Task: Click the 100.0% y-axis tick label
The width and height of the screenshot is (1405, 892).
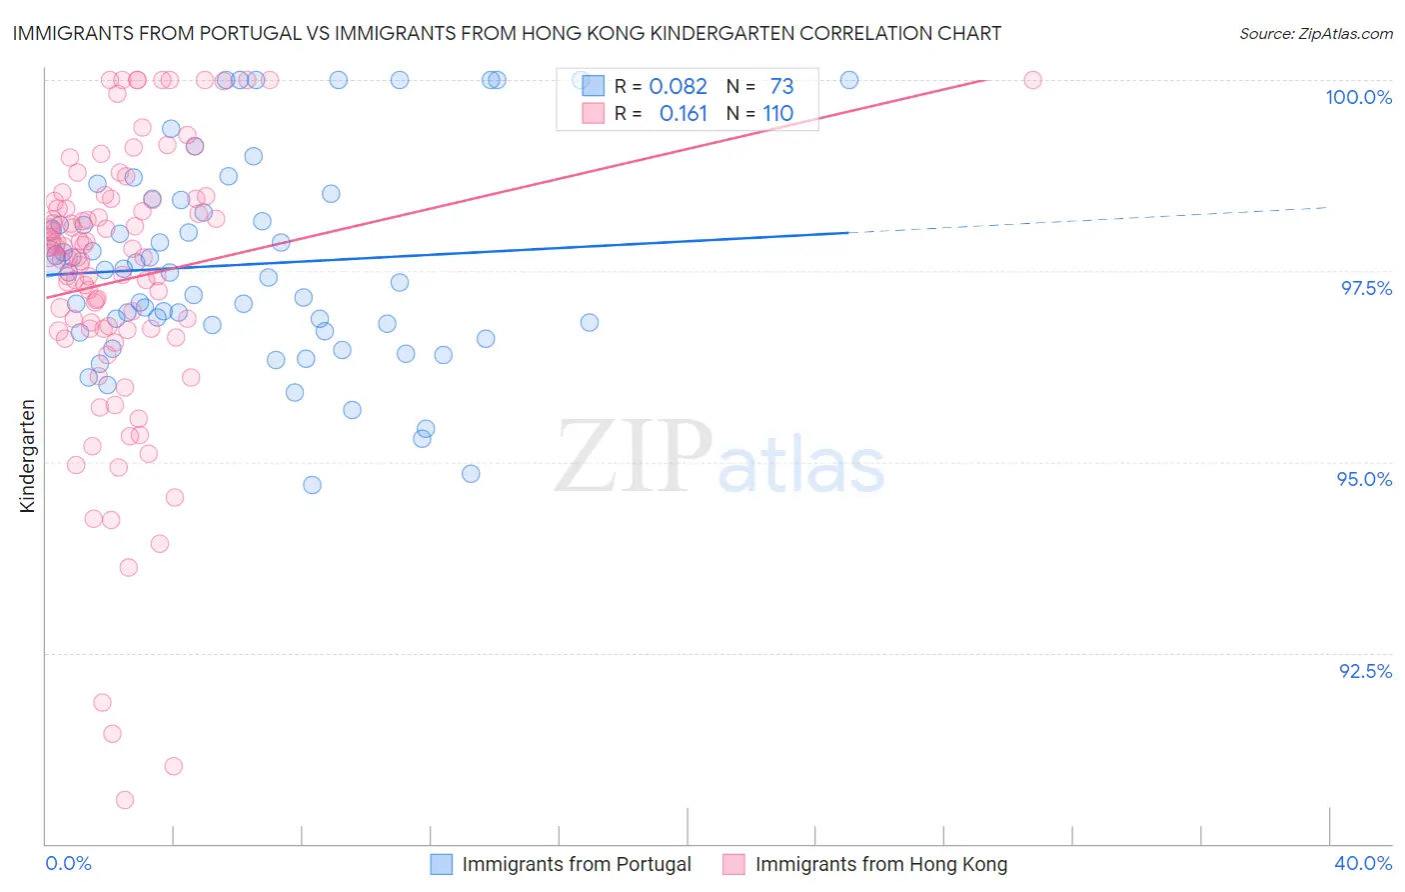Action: coord(1358,97)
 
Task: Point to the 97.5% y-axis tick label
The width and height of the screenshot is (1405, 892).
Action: coord(1365,288)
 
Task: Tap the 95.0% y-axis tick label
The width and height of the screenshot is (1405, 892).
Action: coord(1364,479)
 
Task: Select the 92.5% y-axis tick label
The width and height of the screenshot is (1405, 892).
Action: coord(1365,671)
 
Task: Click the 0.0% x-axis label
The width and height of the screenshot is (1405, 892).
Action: coord(68,863)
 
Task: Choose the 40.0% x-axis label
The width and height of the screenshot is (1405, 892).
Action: coord(1362,863)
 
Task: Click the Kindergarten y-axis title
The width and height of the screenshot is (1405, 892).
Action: coord(28,456)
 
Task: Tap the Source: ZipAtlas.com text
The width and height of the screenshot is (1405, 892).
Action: coord(1315,33)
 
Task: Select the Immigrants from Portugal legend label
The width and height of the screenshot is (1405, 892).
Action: coord(577,864)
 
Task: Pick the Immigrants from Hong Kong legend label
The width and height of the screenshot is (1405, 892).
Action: coord(880,864)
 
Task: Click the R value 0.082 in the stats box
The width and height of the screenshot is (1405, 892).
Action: coord(678,86)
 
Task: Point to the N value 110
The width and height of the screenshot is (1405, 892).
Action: coord(778,114)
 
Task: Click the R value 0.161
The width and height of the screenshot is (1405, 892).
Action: coord(683,114)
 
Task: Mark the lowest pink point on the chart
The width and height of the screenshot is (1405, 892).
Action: coord(125,800)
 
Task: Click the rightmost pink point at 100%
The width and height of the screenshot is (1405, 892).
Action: coord(1032,80)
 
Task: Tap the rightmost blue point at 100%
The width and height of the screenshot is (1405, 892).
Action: coord(849,80)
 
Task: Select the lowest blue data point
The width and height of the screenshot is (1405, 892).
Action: coord(312,485)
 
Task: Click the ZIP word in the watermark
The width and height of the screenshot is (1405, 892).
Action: coord(633,456)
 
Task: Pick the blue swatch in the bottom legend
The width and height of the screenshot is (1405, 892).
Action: coord(442,864)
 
